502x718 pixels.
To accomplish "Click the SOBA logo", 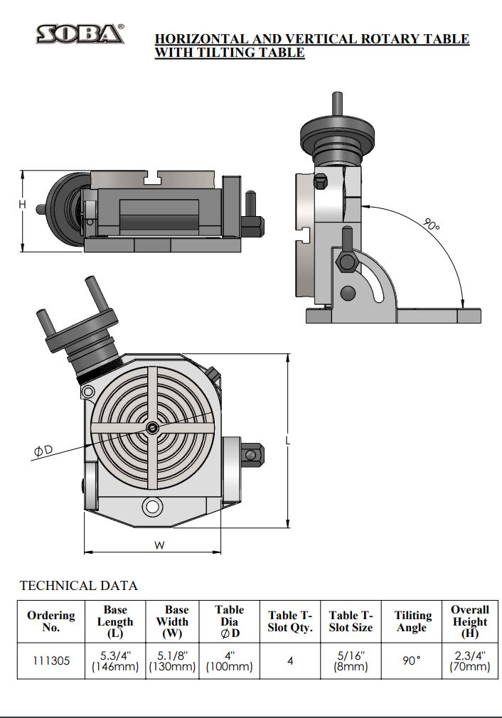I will [80, 33].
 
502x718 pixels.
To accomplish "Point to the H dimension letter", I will [22, 205].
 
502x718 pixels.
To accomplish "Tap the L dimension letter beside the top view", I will [287, 441].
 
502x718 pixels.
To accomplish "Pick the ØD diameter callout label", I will [43, 451].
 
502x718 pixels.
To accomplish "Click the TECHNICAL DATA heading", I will [78, 586].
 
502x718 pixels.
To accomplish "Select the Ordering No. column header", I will [50, 621].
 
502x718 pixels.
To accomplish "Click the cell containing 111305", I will [50, 660].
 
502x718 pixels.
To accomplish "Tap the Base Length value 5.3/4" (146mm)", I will [115, 660].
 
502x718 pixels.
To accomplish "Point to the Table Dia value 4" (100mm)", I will [229, 660].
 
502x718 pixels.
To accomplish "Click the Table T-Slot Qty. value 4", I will [290, 660].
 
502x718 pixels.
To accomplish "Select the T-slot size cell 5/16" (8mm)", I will [351, 660].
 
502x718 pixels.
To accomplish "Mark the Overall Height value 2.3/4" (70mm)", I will [470, 660].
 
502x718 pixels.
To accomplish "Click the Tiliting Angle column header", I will [412, 621].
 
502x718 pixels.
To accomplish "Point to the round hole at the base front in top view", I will [151, 507].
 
